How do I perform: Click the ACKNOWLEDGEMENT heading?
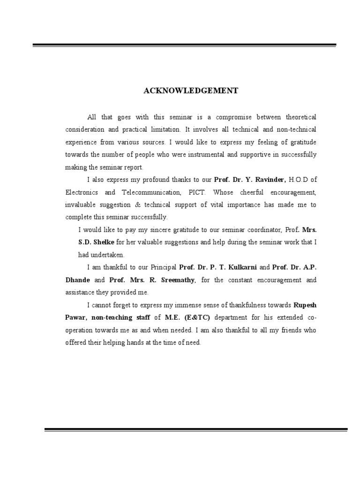tap(191, 91)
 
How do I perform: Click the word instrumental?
tap(199, 154)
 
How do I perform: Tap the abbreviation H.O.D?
tap(299, 179)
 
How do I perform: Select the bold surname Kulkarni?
tap(242, 267)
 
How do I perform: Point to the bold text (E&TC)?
tap(190, 317)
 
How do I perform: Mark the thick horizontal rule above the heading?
tap(184, 45)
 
